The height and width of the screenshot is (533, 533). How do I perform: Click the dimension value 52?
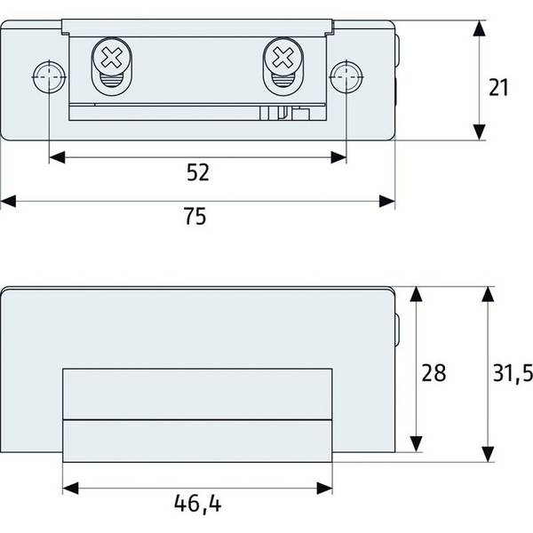click(x=198, y=172)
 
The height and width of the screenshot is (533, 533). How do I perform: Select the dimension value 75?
click(x=195, y=216)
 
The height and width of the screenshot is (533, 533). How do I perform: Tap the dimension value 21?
click(x=498, y=87)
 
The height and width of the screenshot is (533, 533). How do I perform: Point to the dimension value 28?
click(x=434, y=372)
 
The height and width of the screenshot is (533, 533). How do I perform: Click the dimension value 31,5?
click(x=513, y=373)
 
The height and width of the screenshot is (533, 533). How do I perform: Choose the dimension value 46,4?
click(x=197, y=504)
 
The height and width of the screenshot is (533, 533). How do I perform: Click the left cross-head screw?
click(x=112, y=57)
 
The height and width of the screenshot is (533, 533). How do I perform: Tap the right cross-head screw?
click(x=283, y=57)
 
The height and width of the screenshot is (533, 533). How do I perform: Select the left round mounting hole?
click(x=49, y=77)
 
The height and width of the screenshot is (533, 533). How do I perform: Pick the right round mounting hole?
click(x=346, y=77)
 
